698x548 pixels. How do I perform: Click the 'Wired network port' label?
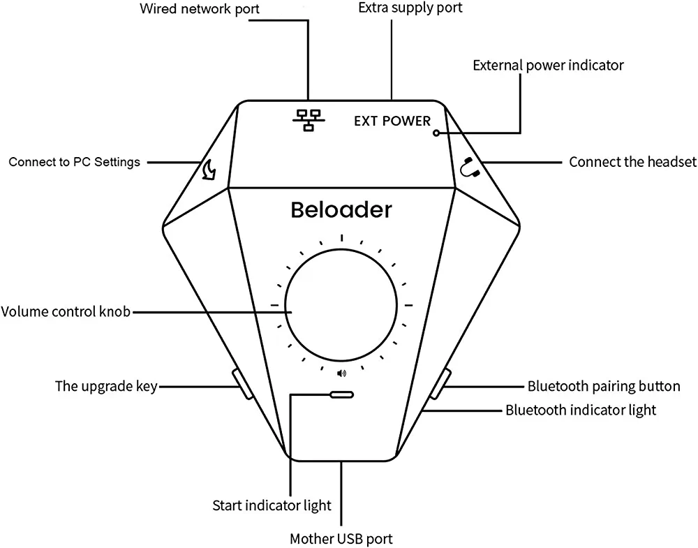coord(189,9)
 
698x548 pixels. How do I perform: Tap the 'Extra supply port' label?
coord(410,8)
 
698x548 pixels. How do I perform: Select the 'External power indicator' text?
coord(548,65)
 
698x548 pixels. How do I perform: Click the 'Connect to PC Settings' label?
coord(74,162)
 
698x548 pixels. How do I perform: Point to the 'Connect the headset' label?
coord(632,162)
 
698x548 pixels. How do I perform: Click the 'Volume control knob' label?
coord(66,311)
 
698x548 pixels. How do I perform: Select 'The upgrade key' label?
coord(106,386)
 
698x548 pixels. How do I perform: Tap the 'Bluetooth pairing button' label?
coord(603,386)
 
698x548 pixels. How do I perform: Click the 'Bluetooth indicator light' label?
coord(581,409)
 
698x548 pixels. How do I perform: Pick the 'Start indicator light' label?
coord(272,505)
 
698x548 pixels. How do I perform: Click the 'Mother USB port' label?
coord(341,539)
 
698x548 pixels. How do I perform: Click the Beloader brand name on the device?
coord(341,209)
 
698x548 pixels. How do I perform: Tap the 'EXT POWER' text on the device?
coord(392,121)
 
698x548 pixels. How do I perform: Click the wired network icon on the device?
coord(306,121)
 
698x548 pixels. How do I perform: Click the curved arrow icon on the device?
coord(208,170)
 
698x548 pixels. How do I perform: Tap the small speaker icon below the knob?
coord(341,373)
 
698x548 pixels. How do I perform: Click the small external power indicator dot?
coord(436,133)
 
